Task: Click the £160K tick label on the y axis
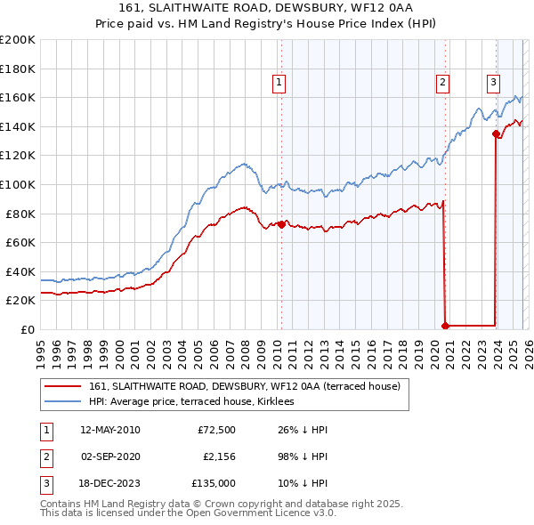(x=17, y=97)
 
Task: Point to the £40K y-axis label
(x=20, y=271)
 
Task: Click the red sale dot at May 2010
(x=281, y=224)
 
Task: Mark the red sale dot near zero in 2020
(x=445, y=326)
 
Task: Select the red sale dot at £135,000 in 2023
(x=496, y=134)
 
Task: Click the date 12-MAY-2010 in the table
(x=110, y=431)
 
